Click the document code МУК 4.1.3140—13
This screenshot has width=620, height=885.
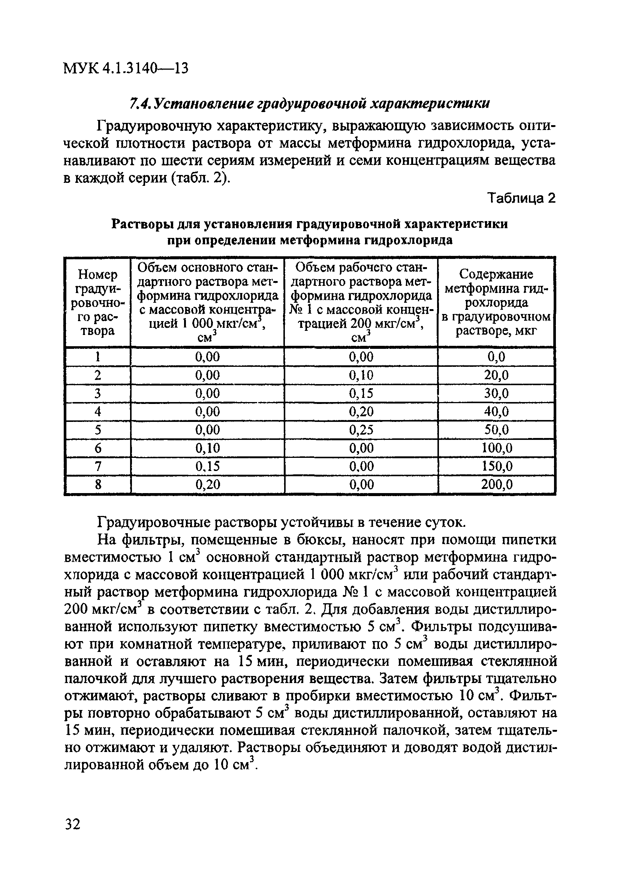pos(125,69)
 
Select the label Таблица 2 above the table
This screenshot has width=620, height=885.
pos(522,198)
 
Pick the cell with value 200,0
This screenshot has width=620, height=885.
pos(496,484)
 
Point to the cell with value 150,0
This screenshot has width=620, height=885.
pos(496,466)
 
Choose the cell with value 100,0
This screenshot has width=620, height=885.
pos(496,448)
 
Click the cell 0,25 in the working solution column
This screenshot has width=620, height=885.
pos(361,430)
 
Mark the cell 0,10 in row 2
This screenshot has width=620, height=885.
pos(361,375)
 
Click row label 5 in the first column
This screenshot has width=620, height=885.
pos(98,430)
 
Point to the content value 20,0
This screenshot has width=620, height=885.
pos(496,375)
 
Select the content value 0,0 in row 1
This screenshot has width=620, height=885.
pos(496,357)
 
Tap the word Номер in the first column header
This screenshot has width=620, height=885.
pos(97,274)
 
